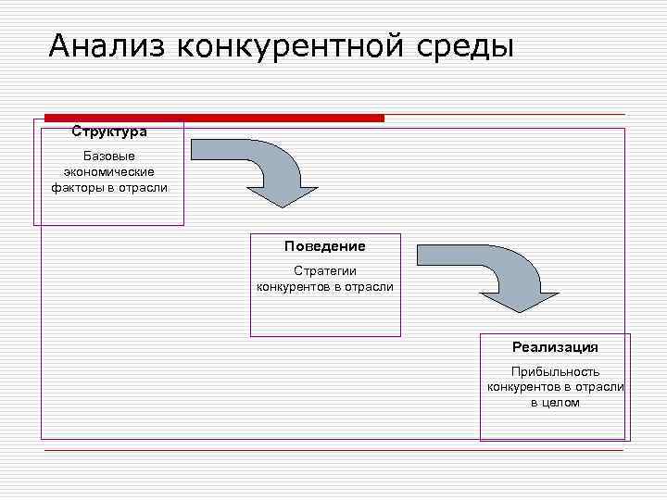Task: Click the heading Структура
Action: [109, 131]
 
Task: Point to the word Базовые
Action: [109, 156]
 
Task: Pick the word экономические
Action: [109, 171]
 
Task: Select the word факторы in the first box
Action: [76, 187]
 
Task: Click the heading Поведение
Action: [325, 246]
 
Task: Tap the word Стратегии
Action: [325, 270]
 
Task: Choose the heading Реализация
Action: [555, 347]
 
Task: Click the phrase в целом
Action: [555, 403]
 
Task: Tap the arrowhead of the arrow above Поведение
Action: [283, 194]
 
